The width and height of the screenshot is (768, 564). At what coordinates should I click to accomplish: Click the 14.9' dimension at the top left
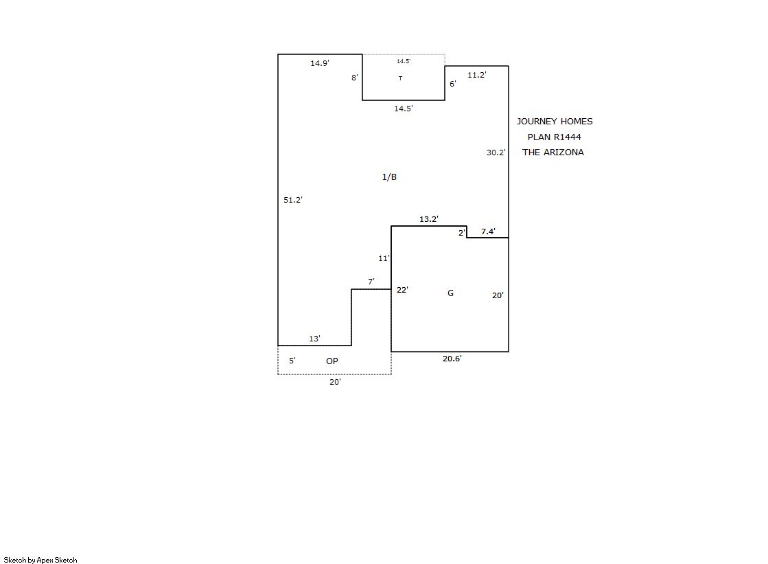pyautogui.click(x=320, y=63)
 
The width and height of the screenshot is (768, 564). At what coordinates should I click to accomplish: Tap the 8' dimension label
pyautogui.click(x=355, y=78)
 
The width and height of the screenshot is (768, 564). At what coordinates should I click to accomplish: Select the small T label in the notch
pyautogui.click(x=401, y=78)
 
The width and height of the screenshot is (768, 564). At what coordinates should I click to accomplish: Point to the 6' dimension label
pyautogui.click(x=453, y=84)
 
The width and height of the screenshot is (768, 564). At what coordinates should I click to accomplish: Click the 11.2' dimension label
pyautogui.click(x=476, y=75)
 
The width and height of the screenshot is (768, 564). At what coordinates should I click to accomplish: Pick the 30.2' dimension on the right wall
pyautogui.click(x=496, y=153)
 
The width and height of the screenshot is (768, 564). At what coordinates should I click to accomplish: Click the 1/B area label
pyautogui.click(x=389, y=177)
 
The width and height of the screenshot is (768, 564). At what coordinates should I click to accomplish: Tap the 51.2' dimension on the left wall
pyautogui.click(x=293, y=200)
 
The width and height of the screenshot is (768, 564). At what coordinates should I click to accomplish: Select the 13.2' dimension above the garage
pyautogui.click(x=428, y=219)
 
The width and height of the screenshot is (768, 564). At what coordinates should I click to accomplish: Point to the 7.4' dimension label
pyautogui.click(x=488, y=232)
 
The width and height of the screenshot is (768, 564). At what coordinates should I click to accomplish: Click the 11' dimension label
pyautogui.click(x=384, y=258)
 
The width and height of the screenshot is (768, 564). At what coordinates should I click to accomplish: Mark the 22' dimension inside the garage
pyautogui.click(x=402, y=290)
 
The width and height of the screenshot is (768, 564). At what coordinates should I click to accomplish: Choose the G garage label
pyautogui.click(x=451, y=293)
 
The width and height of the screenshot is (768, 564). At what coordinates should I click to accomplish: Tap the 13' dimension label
pyautogui.click(x=314, y=339)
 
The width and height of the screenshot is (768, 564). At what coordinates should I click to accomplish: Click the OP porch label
pyautogui.click(x=332, y=361)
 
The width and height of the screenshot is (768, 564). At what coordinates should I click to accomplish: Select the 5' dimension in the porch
pyautogui.click(x=292, y=361)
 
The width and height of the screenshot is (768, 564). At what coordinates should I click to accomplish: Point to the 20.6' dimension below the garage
pyautogui.click(x=452, y=359)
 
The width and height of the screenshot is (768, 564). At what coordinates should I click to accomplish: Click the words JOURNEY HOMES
pyautogui.click(x=555, y=122)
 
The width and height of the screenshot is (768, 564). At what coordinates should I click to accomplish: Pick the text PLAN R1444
pyautogui.click(x=555, y=137)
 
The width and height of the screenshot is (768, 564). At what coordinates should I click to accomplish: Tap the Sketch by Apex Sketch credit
pyautogui.click(x=40, y=560)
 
